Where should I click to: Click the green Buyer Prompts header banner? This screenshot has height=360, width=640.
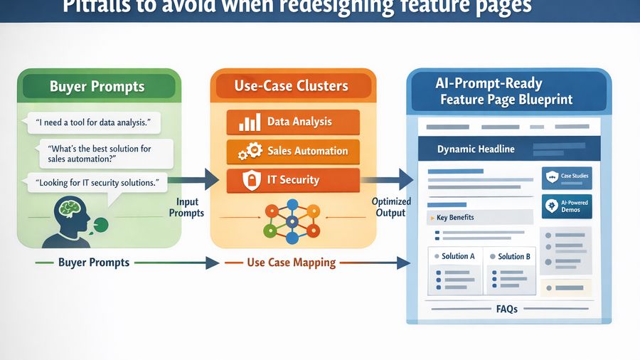tap(98, 87)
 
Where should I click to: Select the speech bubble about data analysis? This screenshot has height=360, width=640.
tap(94, 122)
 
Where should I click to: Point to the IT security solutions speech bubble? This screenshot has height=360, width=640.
tap(97, 183)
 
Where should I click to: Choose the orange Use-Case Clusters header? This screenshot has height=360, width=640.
tap(292, 87)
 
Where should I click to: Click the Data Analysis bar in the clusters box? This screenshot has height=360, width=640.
tap(292, 122)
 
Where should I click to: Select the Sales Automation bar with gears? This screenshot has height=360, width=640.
tap(292, 151)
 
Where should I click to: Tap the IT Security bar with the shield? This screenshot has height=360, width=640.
tap(292, 181)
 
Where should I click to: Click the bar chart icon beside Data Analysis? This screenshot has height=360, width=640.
tap(249, 122)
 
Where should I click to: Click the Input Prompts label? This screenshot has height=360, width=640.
tap(189, 207)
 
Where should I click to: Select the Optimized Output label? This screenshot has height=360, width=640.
tap(390, 207)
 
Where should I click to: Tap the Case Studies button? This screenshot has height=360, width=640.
tap(566, 176)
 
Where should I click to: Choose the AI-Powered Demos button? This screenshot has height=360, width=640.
tap(566, 206)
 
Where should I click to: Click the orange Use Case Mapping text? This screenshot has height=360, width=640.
tap(291, 263)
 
